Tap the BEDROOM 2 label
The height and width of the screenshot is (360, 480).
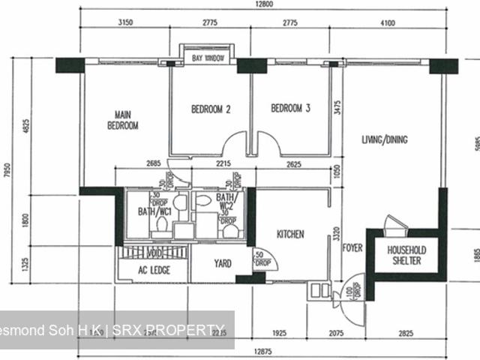(211, 109)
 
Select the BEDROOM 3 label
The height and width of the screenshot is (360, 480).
(290, 109)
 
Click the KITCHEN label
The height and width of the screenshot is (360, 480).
(290, 235)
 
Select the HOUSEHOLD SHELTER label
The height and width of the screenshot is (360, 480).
(406, 255)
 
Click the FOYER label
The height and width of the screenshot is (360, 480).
(352, 247)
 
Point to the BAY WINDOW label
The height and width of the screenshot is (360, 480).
(208, 58)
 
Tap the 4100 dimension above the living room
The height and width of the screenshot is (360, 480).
(387, 23)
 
